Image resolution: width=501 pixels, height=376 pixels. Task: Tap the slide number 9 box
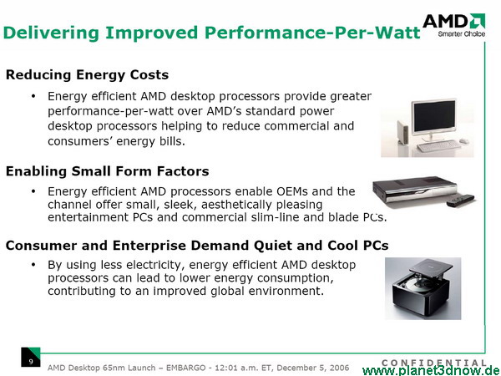(31, 357)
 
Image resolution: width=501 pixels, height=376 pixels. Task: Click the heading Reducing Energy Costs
(87, 75)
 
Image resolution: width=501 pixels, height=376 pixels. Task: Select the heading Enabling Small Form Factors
(108, 171)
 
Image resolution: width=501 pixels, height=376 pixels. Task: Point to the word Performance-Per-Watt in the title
(312, 33)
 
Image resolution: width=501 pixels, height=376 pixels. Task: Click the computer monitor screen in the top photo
(433, 116)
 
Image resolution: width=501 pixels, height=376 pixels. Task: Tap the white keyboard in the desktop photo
(438, 145)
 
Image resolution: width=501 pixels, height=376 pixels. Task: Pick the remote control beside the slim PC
(460, 200)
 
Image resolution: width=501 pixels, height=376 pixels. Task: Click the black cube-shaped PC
(422, 289)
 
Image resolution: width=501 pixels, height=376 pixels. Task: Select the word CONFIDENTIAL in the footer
(434, 363)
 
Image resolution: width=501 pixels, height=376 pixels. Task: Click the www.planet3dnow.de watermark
(431, 370)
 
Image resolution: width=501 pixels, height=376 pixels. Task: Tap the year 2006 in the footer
(338, 368)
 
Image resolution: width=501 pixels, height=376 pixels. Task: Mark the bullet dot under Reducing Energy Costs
(33, 96)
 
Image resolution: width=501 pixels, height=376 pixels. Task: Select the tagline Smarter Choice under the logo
(462, 34)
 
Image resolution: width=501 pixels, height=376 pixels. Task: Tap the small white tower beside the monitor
(403, 132)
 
